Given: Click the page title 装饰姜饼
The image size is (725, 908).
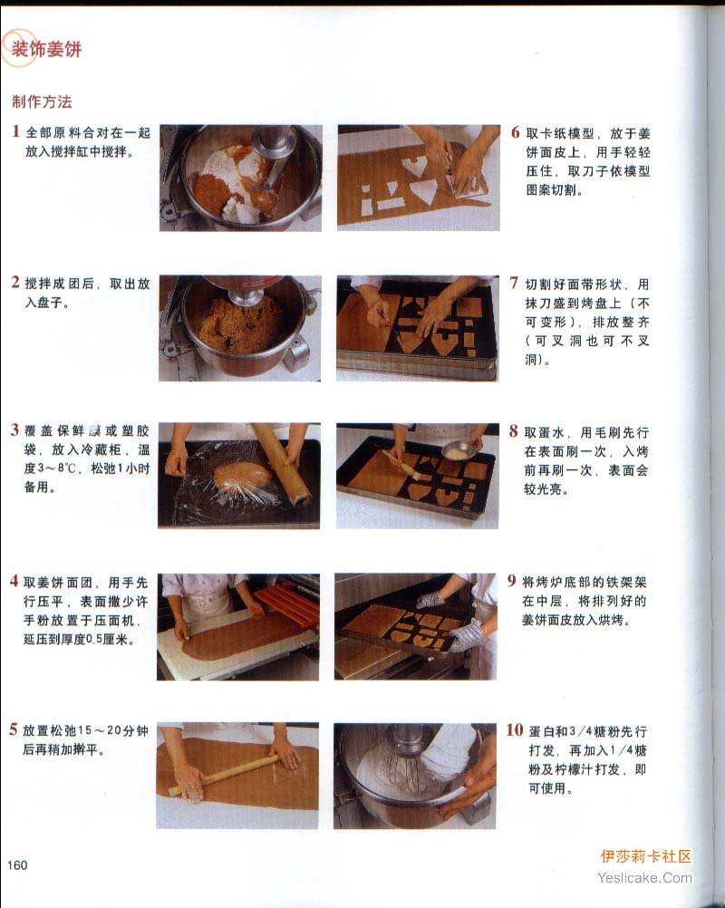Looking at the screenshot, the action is coord(46,49).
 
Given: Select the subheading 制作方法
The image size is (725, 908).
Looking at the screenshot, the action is coord(42,101).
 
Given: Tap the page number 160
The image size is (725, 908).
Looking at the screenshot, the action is coord(17,865).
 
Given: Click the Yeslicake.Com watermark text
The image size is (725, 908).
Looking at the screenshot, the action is coord(644,878).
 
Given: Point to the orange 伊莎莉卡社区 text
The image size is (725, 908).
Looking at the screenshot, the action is coord(645,856).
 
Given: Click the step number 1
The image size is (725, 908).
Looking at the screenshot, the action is coord(15,131).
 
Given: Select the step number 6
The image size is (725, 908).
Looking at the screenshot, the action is coord(516,132).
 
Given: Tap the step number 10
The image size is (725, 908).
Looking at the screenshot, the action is coord(514,729).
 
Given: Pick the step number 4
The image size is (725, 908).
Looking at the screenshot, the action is coord(14,582).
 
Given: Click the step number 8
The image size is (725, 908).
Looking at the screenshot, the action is coord(514,430).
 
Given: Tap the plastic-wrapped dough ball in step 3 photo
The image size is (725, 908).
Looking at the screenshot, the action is coord(242,474).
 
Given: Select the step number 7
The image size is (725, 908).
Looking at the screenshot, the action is coord(514,283).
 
